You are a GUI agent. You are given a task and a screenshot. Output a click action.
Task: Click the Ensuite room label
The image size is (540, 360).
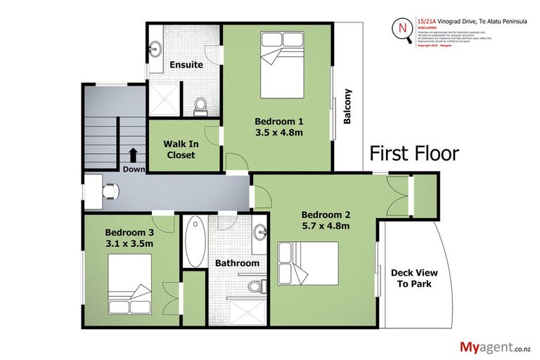[x=186, y=65]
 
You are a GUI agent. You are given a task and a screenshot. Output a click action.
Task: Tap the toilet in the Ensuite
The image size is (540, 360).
[x=200, y=106]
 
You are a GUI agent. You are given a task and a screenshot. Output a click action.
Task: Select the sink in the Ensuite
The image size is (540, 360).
[x=155, y=50]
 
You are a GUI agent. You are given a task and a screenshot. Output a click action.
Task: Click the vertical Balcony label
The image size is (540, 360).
[x=347, y=105]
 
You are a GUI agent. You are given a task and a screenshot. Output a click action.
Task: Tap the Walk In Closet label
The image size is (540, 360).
[x=181, y=149]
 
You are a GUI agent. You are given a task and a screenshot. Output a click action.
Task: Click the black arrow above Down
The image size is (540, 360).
[x=133, y=155]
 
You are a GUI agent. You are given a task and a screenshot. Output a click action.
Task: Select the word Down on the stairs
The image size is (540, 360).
[x=133, y=169]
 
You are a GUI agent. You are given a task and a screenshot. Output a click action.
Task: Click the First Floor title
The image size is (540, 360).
[x=414, y=153]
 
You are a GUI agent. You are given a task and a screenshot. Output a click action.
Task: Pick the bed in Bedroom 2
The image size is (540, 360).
[x=308, y=263]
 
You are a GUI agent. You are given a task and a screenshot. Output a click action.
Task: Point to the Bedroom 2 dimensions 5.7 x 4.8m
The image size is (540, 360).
[x=326, y=226]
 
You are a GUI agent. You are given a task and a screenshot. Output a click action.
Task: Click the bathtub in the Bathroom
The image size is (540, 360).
[x=195, y=240]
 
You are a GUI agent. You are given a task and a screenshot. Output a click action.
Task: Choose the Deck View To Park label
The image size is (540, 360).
[x=411, y=278]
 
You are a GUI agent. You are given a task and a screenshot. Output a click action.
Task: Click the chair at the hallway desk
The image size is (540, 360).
[x=110, y=190]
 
